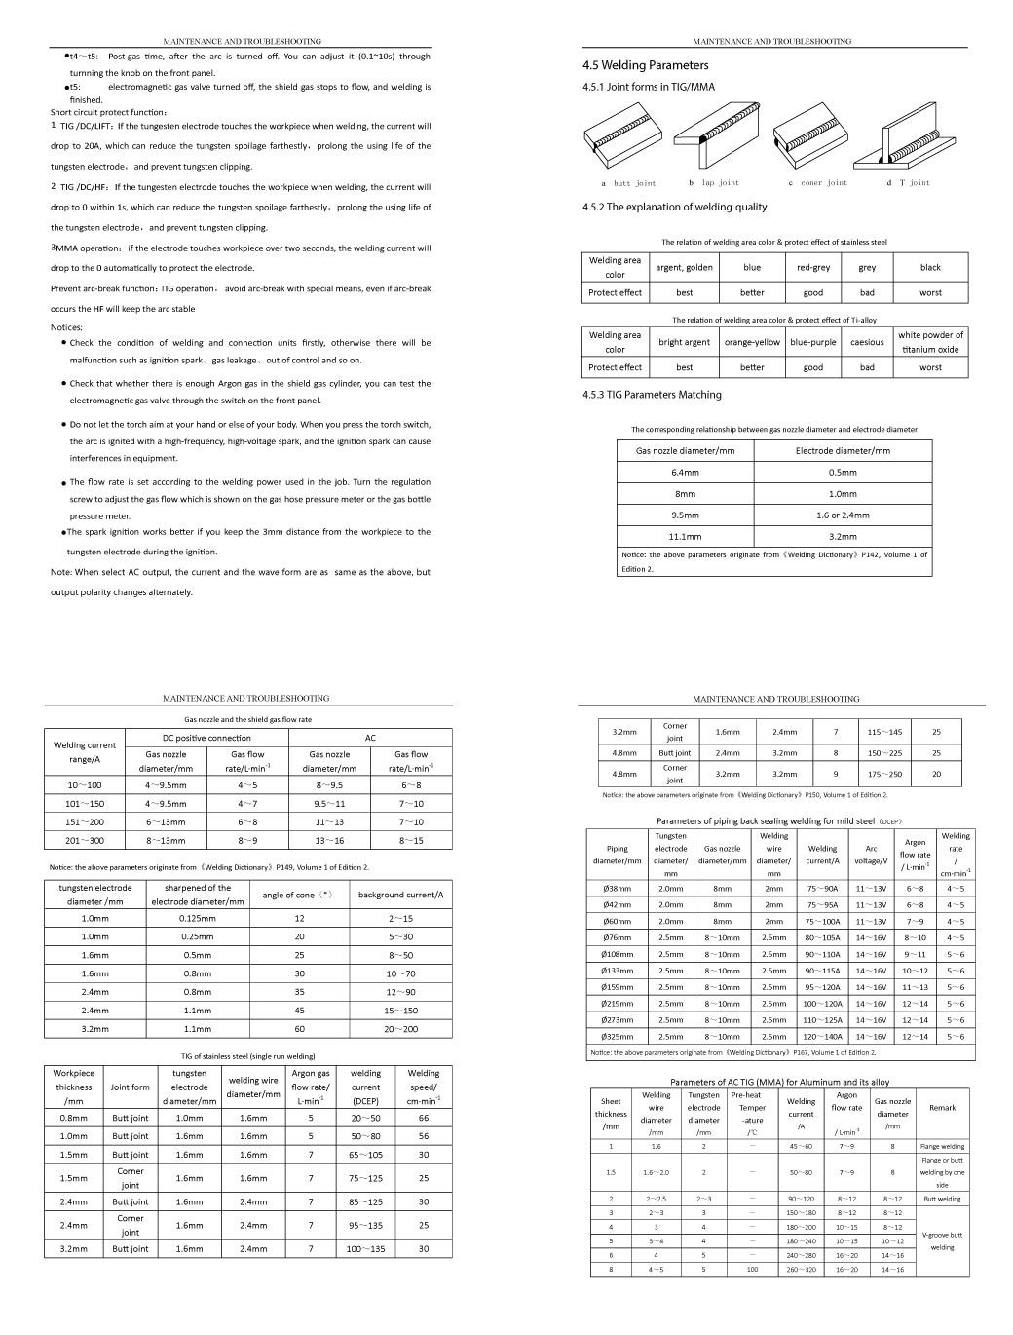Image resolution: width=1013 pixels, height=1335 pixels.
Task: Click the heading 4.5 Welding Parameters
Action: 639,66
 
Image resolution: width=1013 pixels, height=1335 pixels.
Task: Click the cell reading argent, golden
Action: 684,267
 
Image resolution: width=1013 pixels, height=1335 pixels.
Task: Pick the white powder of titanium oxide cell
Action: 930,342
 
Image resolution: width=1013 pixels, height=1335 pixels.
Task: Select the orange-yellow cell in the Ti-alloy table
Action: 752,342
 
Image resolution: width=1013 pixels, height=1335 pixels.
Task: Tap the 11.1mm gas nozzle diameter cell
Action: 685,537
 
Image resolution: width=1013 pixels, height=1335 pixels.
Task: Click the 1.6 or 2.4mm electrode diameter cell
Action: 843,515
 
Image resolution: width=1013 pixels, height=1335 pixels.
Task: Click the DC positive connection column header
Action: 206,738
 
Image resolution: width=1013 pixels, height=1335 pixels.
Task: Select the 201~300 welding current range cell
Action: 85,840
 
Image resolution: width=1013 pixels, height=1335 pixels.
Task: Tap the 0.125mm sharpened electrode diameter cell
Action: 197,919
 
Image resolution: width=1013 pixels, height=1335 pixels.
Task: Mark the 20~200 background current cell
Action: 400,1029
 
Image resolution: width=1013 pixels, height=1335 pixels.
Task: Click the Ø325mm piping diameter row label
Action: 617,1037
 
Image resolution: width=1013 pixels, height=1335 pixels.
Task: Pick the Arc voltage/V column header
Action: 872,855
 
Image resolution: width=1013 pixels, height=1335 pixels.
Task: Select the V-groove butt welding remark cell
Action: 942,1240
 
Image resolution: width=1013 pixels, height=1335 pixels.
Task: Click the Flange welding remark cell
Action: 942,1147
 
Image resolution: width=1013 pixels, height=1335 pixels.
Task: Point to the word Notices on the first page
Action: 66,327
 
